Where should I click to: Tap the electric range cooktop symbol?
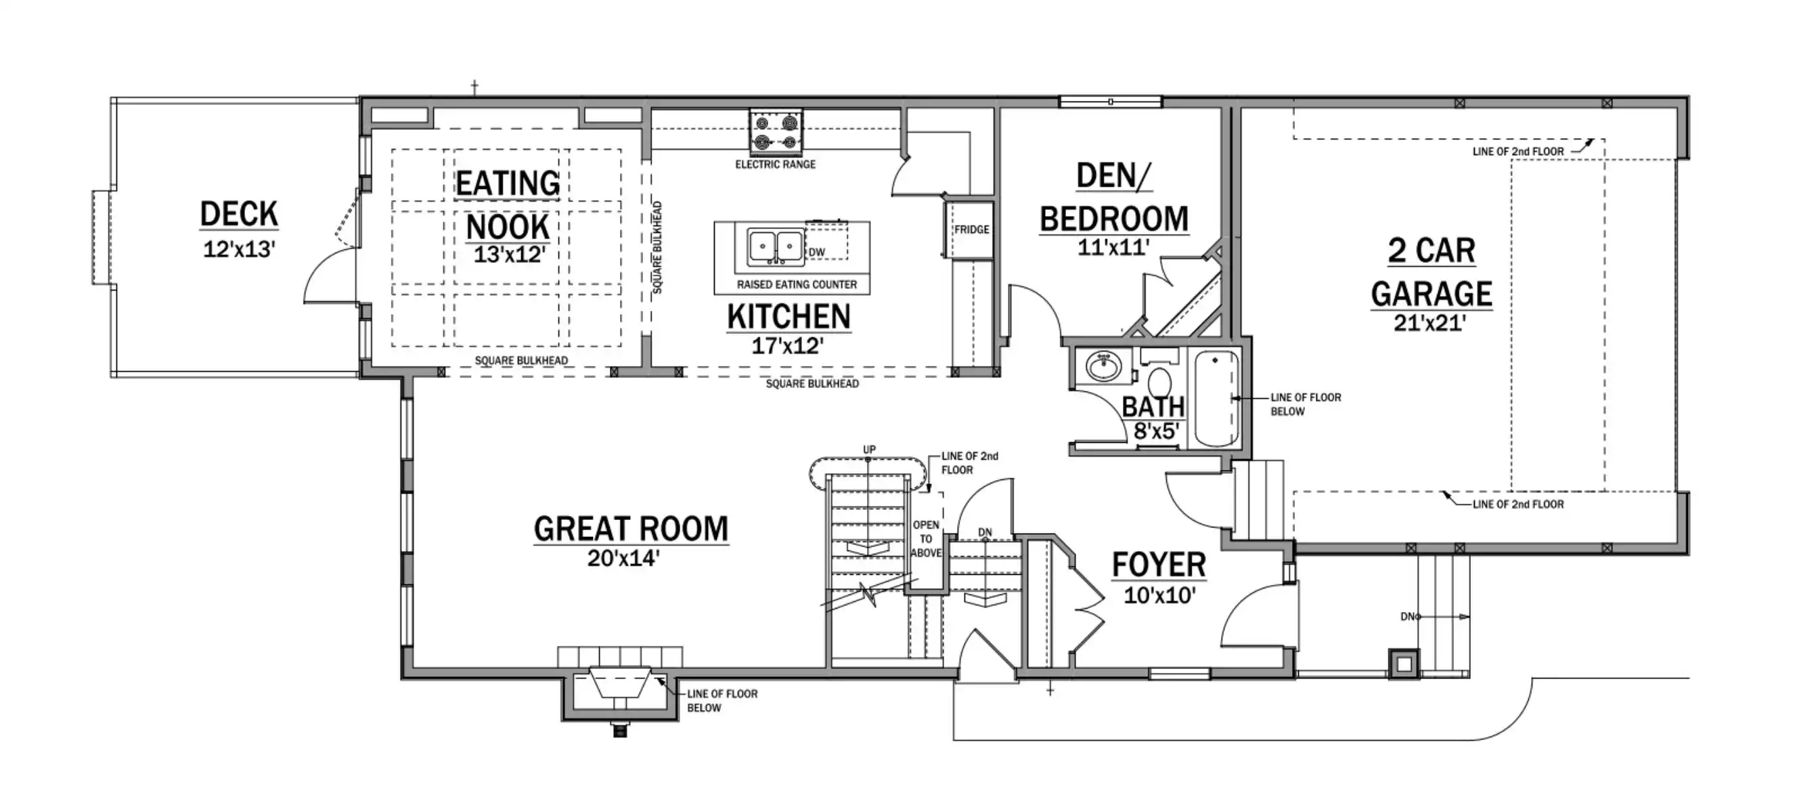click(776, 133)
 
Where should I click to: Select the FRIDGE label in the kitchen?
click(972, 230)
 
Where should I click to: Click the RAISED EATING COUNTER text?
click(797, 284)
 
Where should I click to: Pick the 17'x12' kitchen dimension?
click(788, 345)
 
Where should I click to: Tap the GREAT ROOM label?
click(631, 529)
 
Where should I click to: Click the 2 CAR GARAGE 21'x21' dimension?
click(1430, 322)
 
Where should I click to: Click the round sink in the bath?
click(1105, 366)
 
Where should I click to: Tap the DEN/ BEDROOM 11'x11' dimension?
click(1113, 246)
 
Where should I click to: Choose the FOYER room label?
click(1159, 565)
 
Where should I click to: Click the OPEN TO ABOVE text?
click(926, 539)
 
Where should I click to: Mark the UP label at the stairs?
click(869, 450)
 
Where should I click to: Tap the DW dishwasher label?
click(817, 252)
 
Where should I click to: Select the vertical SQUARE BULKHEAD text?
click(657, 248)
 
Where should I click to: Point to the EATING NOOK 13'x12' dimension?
click(508, 255)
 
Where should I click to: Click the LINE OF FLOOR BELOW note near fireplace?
click(722, 701)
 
